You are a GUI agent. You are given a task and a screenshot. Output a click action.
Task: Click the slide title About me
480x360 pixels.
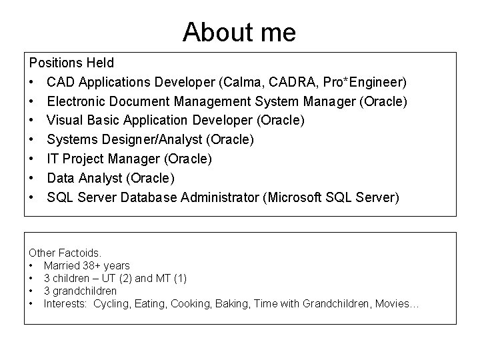tap(239, 31)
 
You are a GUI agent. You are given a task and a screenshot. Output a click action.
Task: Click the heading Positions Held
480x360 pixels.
tap(71, 63)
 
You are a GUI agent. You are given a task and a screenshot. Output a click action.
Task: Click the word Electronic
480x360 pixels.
tap(77, 102)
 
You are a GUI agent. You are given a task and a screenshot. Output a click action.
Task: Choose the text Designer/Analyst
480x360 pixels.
tap(159, 140)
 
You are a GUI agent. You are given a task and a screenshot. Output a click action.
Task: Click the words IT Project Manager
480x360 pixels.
tap(103, 159)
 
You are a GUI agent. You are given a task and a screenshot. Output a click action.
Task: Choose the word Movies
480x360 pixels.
tap(396, 304)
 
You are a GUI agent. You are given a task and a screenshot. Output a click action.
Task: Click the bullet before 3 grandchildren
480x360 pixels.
tap(32, 291)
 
